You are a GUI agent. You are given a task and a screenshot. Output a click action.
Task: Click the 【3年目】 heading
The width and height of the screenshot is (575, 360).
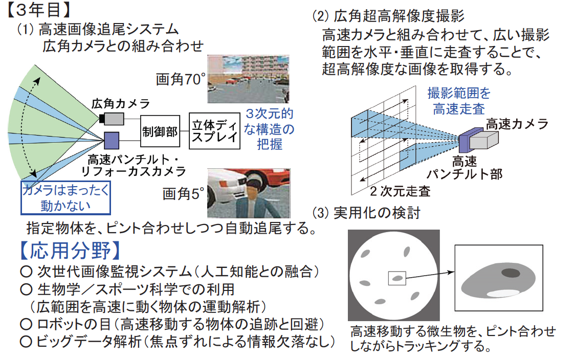coord(38,10)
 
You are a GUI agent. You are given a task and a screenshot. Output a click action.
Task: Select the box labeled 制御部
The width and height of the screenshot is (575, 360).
coord(160,131)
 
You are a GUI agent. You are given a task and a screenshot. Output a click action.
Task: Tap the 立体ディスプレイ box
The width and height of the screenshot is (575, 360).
coord(214,131)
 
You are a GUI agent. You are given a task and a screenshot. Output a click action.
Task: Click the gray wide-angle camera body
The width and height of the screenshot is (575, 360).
coord(114,119)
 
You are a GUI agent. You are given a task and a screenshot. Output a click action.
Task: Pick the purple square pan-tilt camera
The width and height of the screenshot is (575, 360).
coord(112,141)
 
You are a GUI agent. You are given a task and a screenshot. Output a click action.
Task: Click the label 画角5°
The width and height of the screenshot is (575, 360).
coord(183,194)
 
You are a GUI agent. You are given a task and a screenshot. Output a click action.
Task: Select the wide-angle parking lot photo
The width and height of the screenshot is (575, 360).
coord(248,79)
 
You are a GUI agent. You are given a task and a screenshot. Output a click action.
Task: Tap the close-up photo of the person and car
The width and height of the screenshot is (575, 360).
coord(249,193)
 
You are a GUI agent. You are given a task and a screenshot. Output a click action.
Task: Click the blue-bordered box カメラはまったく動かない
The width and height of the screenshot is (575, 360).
coord(65,197)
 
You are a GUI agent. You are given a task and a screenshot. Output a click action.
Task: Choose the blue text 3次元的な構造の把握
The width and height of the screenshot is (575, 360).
coord(270,129)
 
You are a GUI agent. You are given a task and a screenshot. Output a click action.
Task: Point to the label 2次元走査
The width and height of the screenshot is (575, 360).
coord(400,191)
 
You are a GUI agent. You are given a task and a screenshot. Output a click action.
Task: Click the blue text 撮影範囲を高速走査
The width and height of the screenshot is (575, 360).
coord(459,101)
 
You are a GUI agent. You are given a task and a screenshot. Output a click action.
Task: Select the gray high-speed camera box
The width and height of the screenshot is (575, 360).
coord(484,140)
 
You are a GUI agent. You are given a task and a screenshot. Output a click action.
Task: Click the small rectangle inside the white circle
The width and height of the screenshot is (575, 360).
coord(397,278)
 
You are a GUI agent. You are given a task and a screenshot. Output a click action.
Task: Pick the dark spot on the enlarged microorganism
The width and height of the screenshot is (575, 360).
coord(511,273)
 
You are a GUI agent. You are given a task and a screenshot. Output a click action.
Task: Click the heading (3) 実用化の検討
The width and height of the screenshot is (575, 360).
coord(366,213)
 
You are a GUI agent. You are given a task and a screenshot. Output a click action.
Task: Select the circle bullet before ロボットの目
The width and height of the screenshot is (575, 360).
coord(26,324)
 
